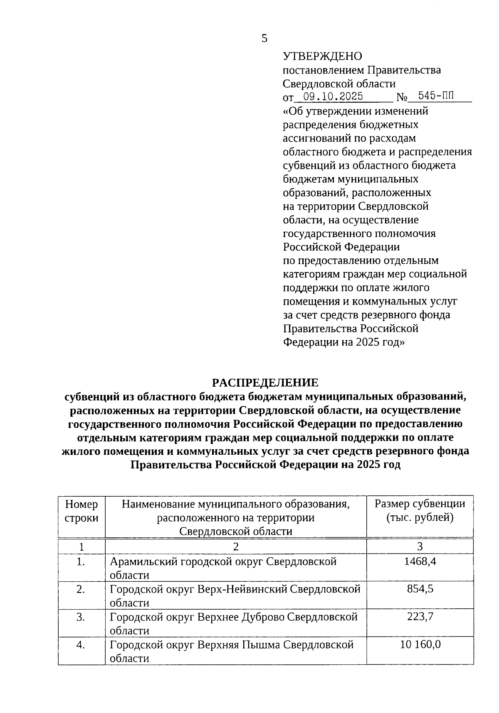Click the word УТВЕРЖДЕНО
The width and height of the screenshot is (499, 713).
point(322,56)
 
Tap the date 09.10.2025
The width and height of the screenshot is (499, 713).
point(333,97)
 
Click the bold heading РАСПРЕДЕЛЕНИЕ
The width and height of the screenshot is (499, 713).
point(265,382)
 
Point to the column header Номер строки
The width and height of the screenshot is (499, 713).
point(82,511)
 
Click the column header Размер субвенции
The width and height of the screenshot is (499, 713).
point(420,504)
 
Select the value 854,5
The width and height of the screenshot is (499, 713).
point(420,589)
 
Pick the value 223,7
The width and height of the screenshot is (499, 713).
point(420,617)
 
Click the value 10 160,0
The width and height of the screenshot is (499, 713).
point(420,644)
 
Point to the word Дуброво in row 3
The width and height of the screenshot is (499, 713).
point(262,617)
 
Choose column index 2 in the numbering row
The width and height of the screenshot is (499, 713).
point(235,546)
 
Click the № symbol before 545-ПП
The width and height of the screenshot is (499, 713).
point(402,98)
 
